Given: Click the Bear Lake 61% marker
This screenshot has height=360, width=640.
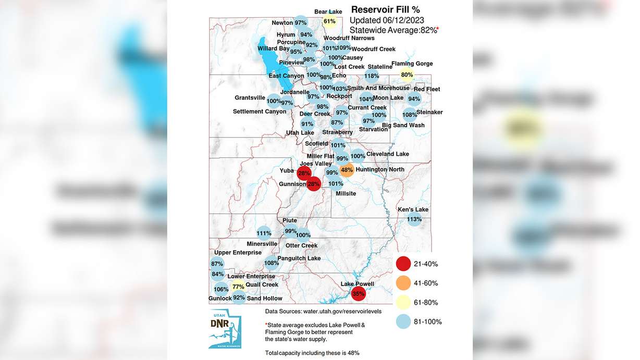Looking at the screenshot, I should [329, 21].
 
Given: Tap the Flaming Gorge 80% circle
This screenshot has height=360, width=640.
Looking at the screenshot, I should [407, 75].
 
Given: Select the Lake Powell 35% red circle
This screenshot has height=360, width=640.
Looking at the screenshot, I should [358, 294].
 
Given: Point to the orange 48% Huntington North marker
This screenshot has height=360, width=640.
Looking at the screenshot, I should [347, 170].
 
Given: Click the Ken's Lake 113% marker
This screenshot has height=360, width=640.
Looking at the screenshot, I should [414, 219].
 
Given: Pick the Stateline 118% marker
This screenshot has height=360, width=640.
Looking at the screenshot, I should [372, 76].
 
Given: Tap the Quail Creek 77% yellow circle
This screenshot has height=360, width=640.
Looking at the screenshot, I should [238, 287].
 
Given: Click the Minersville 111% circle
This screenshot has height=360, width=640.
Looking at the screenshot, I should [264, 233].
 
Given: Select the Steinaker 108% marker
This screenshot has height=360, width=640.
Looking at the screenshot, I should [410, 115].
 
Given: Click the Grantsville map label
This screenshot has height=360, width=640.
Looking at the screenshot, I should [250, 98].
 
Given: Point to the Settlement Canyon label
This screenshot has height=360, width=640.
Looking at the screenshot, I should [260, 111].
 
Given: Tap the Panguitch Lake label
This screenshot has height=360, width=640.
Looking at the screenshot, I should [300, 258].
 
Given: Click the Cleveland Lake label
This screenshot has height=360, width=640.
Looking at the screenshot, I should [388, 154].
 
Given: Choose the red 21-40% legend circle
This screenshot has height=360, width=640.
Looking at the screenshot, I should [403, 264].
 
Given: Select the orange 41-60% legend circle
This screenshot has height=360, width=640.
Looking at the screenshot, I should [403, 283].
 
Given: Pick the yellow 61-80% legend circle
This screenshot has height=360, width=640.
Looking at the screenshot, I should [403, 303].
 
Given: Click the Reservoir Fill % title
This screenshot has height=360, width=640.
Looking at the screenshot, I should [385, 9].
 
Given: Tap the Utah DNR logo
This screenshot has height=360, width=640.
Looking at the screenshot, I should [225, 328].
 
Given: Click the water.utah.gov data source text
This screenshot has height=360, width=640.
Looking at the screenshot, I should [323, 312].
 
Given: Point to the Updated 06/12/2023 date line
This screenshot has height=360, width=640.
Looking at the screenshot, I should [386, 20].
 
